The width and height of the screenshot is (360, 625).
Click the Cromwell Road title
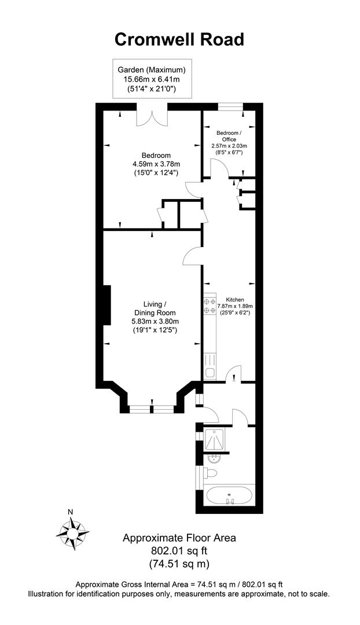[179, 39]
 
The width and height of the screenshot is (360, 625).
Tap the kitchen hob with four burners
[210, 306]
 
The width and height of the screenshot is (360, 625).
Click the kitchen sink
[210, 373]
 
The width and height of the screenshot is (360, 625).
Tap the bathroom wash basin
[213, 459]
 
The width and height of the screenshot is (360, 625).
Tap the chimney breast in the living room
[106, 306]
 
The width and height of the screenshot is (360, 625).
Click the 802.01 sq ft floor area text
[179, 550]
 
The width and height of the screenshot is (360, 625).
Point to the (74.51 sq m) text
[179, 563]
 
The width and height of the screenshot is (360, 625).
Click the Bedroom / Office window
[230, 106]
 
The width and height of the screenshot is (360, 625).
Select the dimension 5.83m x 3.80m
[155, 322]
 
